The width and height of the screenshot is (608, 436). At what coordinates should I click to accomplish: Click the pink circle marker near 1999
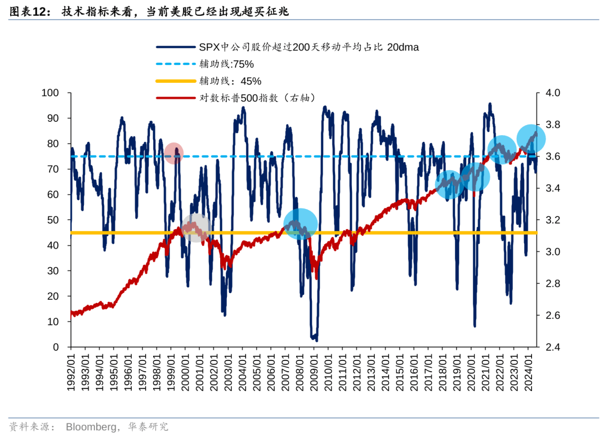point(174,153)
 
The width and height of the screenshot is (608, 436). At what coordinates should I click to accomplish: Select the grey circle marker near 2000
point(195,228)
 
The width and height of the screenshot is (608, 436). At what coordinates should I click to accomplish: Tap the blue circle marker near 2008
point(300,224)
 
